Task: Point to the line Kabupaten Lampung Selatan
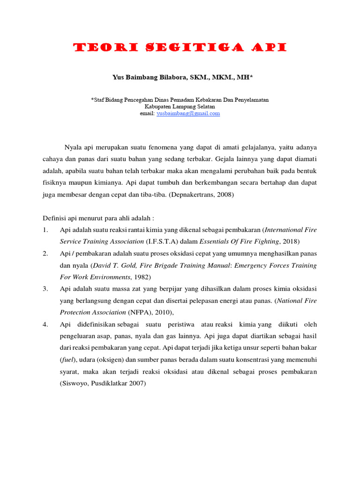coord(180,106)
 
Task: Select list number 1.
coord(45,229)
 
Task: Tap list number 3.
coord(45,288)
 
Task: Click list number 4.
coord(45,324)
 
